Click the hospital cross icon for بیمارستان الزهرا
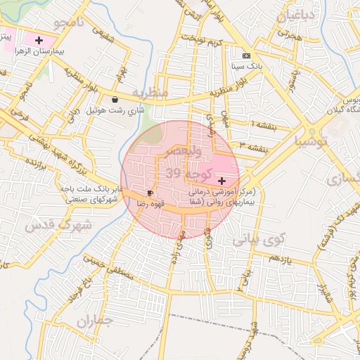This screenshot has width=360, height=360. [39, 41]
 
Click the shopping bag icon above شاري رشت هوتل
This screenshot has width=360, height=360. [115, 100]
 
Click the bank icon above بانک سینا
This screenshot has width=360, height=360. [245, 55]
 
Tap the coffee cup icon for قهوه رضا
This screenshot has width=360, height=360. [150, 193]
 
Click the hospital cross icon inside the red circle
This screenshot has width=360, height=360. [222, 181]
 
